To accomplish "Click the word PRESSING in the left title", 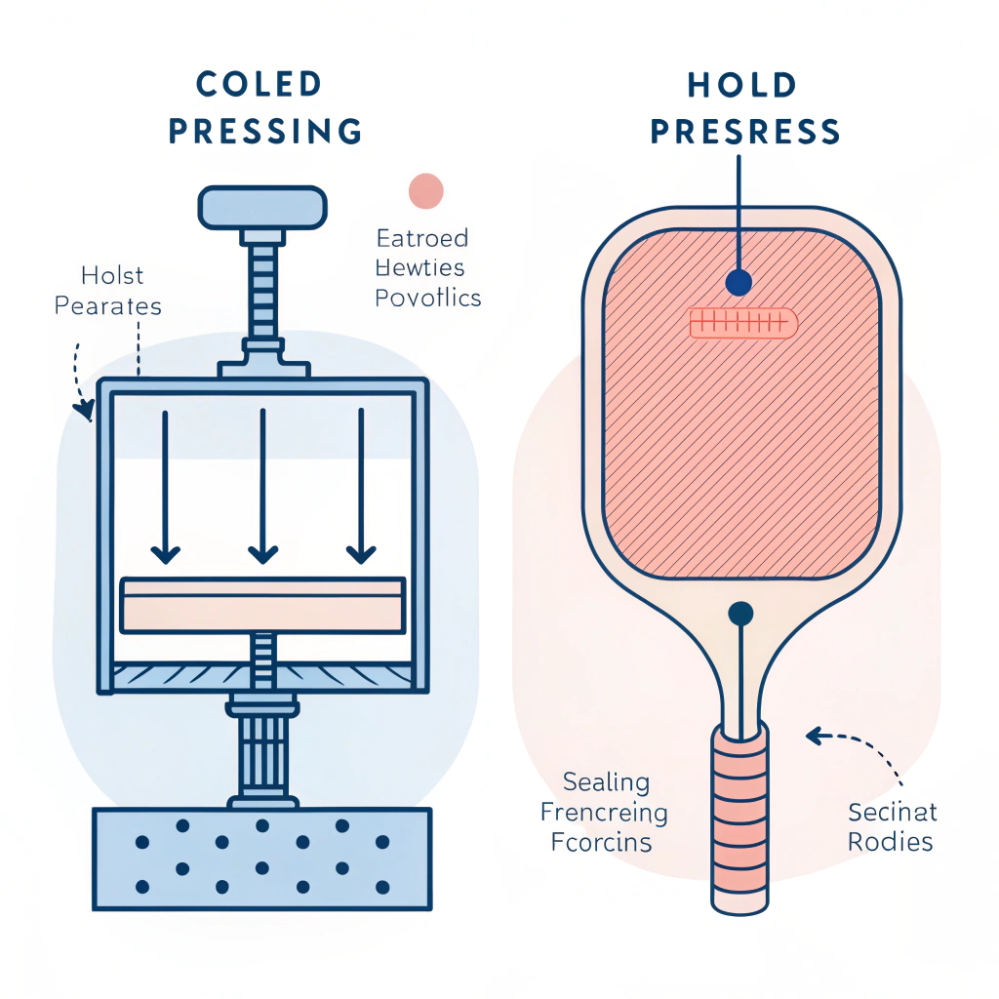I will pyautogui.click(x=264, y=131).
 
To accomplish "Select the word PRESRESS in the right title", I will pyautogui.click(x=745, y=131).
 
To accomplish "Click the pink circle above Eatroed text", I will pyautogui.click(x=425, y=190).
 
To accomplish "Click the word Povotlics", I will pyautogui.click(x=428, y=298).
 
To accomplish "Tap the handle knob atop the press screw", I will pyautogui.click(x=261, y=207).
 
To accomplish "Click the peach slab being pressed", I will pyautogui.click(x=261, y=605).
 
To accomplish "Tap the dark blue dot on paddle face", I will pyautogui.click(x=740, y=283).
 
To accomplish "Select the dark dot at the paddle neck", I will pyautogui.click(x=741, y=614).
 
